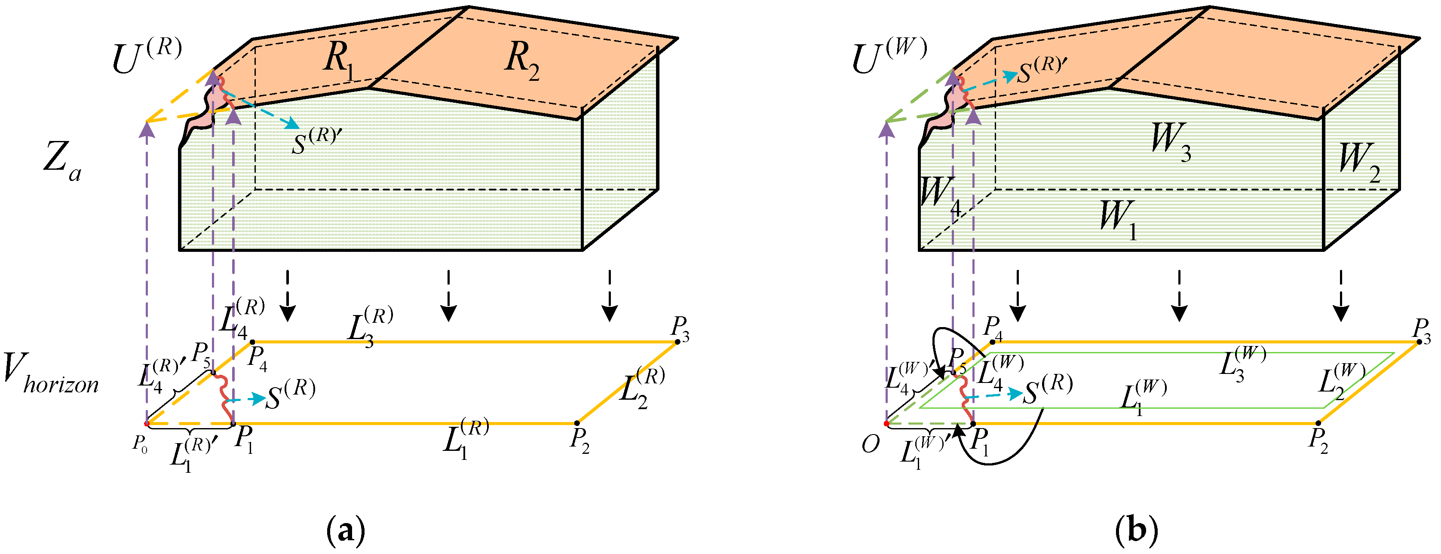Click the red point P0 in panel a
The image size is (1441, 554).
147,424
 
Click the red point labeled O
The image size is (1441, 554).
886,424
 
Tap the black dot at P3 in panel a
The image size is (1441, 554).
678,342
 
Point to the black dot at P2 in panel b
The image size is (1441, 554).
1318,423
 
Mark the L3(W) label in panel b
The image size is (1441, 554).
1242,363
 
